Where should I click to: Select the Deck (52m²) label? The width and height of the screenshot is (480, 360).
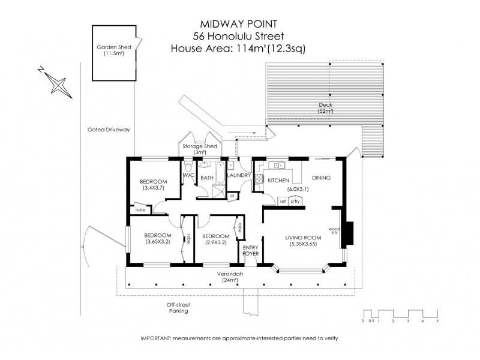[x=325, y=108]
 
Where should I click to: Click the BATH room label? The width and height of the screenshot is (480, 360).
[x=207, y=178]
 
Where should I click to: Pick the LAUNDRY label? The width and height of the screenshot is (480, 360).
[x=238, y=176]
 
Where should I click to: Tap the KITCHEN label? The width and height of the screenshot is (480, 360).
[x=279, y=181]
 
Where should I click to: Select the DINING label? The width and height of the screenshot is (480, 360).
[x=322, y=178]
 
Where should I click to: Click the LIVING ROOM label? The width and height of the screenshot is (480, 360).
[x=305, y=241]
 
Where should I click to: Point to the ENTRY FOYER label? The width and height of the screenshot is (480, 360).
[x=250, y=251]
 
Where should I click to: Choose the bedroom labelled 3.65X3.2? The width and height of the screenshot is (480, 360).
[x=158, y=238]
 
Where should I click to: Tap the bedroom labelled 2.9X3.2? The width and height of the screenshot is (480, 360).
[x=214, y=239]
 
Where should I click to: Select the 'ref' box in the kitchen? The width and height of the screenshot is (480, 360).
[x=283, y=202]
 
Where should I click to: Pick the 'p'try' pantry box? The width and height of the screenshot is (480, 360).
[x=295, y=202]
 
